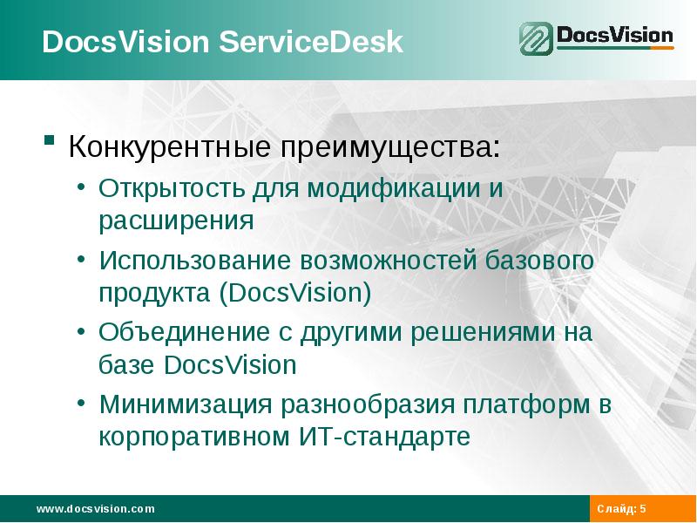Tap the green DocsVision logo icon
click(x=537, y=39)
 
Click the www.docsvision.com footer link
click(x=95, y=508)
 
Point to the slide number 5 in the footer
click(x=643, y=508)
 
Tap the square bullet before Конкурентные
click(x=51, y=140)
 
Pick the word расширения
click(x=176, y=220)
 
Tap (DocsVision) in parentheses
click(x=297, y=292)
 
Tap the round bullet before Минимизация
click(x=81, y=404)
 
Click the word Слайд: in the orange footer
click(x=617, y=508)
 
